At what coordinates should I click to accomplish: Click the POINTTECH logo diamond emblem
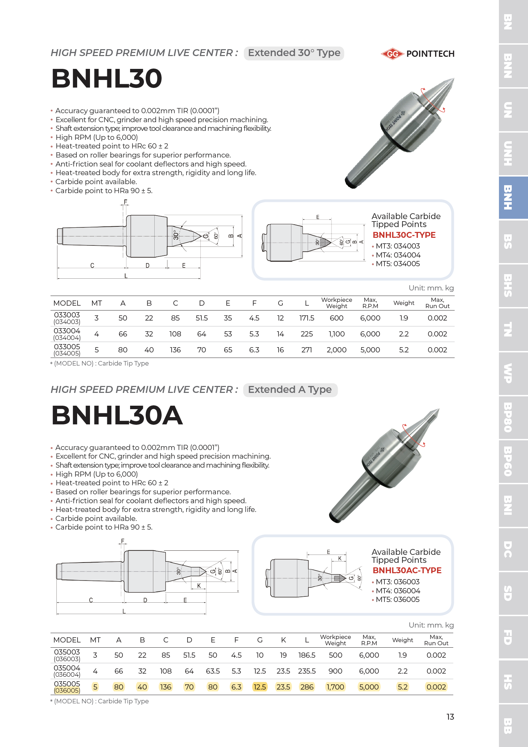(392, 54)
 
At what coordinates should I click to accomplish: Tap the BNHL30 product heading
(107, 78)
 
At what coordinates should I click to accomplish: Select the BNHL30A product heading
(117, 415)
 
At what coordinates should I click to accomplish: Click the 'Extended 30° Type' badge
(294, 53)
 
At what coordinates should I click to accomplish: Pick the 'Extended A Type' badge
(290, 390)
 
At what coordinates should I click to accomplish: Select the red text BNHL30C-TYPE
(404, 235)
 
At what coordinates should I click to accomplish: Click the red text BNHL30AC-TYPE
(407, 570)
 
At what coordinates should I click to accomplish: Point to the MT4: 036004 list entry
(398, 591)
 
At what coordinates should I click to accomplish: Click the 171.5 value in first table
(307, 318)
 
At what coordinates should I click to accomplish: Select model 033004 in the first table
(67, 331)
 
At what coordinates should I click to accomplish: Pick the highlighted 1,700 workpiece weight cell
(335, 687)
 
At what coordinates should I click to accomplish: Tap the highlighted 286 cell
(307, 687)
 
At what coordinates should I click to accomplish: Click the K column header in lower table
(283, 640)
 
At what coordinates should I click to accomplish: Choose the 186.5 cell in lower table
(307, 655)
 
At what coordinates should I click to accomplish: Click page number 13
(450, 717)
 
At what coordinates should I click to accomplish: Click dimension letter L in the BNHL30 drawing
(126, 276)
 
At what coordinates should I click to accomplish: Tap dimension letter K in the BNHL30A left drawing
(199, 586)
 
